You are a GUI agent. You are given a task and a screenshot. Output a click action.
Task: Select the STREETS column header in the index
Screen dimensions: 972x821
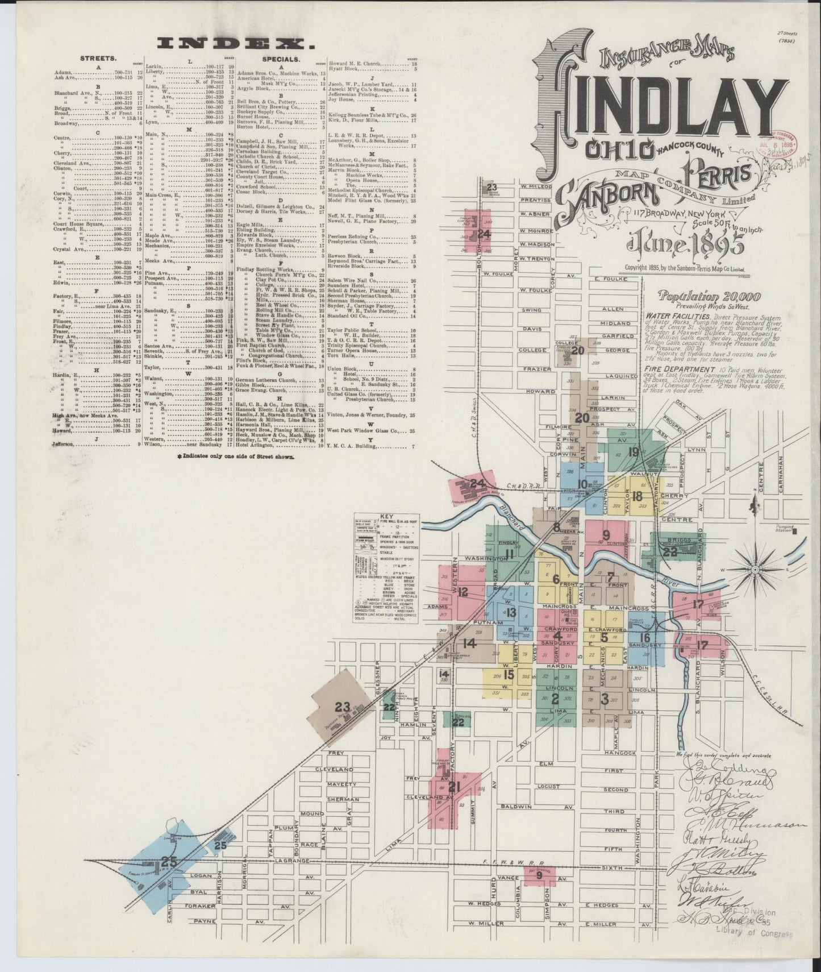[x=99, y=58]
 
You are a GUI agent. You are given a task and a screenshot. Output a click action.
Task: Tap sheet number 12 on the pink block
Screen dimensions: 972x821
[x=462, y=592]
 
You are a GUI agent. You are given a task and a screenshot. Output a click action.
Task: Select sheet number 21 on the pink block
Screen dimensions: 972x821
[x=453, y=787]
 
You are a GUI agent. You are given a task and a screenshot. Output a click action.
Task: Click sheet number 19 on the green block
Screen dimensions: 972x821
[x=634, y=452]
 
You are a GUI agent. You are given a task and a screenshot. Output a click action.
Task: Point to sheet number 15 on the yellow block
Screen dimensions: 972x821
[x=509, y=675]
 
